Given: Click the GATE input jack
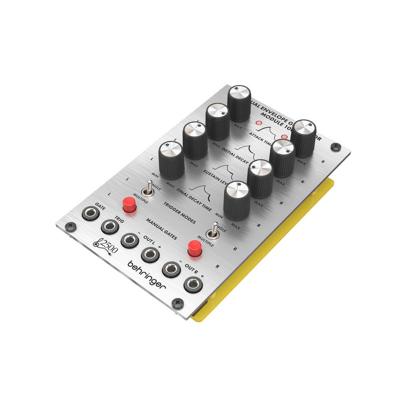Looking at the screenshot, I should [91, 214].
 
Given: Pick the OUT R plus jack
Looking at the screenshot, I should [193, 284].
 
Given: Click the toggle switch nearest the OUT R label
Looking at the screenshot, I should [213, 232].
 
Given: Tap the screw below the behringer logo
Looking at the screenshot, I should [176, 302].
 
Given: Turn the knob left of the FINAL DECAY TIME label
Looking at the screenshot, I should [171, 160].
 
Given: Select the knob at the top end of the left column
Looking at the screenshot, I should [239, 102].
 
